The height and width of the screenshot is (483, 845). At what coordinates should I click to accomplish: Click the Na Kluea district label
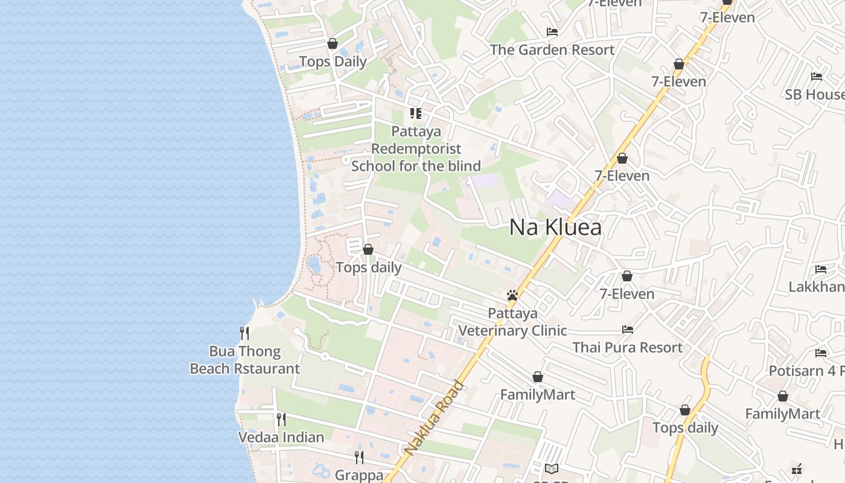pyautogui.click(x=555, y=228)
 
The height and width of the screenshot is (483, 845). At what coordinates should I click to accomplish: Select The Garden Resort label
pyautogui.click(x=552, y=50)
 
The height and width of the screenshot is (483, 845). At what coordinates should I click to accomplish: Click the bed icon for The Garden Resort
pyautogui.click(x=552, y=32)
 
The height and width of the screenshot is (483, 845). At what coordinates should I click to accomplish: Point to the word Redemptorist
pyautogui.click(x=416, y=149)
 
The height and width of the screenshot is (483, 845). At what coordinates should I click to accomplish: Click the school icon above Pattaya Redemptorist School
pyautogui.click(x=415, y=113)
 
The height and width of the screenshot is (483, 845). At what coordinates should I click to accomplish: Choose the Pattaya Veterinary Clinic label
pyautogui.click(x=512, y=322)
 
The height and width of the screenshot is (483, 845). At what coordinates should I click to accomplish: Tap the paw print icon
pyautogui.click(x=512, y=295)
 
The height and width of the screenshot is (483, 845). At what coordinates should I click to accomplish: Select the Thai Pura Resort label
pyautogui.click(x=627, y=348)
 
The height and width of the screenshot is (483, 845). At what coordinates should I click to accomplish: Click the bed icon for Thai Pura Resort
pyautogui.click(x=628, y=330)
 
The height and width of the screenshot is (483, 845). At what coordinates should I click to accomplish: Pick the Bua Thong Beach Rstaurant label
pyautogui.click(x=244, y=360)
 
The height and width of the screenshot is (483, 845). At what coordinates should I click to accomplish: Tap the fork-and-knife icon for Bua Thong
pyautogui.click(x=244, y=333)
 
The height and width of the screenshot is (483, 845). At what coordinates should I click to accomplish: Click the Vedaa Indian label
pyautogui.click(x=281, y=437)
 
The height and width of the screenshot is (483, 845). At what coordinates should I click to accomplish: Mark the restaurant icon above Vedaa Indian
pyautogui.click(x=281, y=418)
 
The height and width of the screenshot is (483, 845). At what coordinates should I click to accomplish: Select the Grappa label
pyautogui.click(x=359, y=475)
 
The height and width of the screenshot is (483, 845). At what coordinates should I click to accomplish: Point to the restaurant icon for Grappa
pyautogui.click(x=359, y=457)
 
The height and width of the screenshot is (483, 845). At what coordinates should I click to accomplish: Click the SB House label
pyautogui.click(x=815, y=95)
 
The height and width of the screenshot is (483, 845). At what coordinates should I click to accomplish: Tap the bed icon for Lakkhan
pyautogui.click(x=821, y=269)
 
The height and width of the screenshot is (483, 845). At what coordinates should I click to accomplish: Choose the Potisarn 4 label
pyautogui.click(x=806, y=371)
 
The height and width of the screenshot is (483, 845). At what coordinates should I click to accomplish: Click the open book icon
pyautogui.click(x=551, y=469)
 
